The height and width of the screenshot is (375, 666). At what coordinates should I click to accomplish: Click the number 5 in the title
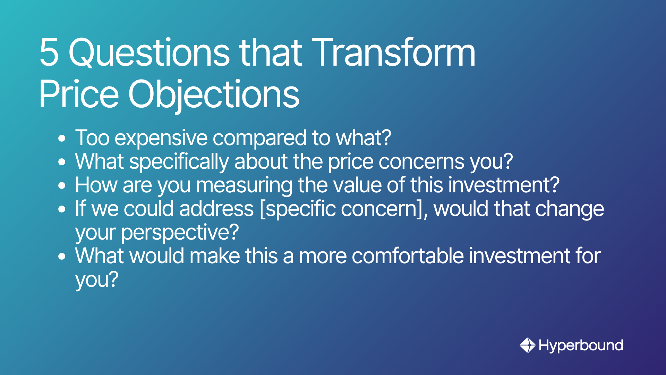coord(49,52)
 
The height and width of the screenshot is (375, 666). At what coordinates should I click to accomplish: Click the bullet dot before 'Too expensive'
coord(62,139)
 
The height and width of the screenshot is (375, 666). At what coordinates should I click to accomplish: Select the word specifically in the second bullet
coord(179,162)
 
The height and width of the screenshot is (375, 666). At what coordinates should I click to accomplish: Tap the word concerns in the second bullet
coord(421,162)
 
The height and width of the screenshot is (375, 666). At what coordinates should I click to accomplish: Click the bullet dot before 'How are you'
coord(62,185)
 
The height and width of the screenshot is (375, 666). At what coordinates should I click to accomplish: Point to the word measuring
coord(244,185)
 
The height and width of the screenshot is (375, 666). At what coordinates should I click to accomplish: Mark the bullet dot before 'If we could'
coord(62,209)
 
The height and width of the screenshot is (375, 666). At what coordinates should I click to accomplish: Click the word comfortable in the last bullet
coord(408,256)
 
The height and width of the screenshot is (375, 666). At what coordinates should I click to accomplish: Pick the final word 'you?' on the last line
coord(97,280)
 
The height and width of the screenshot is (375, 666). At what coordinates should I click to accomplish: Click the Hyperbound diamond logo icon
coord(527,345)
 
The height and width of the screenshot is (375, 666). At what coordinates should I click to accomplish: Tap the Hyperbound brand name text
coord(581,346)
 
